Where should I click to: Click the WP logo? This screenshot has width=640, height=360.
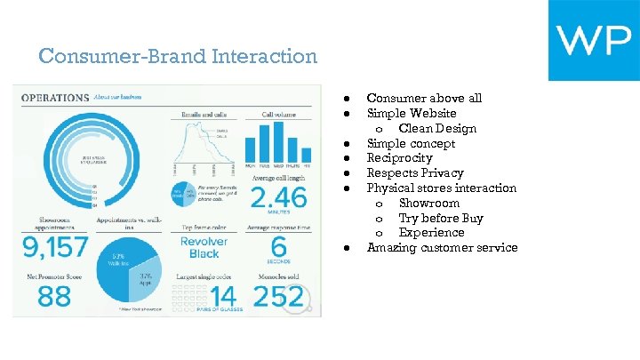(x=593, y=40)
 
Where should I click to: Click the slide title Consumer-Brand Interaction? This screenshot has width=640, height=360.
(x=178, y=57)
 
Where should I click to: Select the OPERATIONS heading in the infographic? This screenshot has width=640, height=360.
(x=55, y=97)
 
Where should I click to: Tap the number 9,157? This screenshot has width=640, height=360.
(x=54, y=245)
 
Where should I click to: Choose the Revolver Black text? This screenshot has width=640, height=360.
(x=204, y=247)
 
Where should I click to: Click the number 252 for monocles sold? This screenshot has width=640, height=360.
(x=278, y=296)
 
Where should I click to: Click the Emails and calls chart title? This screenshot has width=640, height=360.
(x=204, y=114)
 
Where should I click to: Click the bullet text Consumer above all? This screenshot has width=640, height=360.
(x=424, y=98)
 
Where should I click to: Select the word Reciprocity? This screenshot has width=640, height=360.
(x=399, y=158)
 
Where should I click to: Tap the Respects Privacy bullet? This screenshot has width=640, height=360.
(x=415, y=173)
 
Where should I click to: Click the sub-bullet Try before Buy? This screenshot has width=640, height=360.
(x=441, y=218)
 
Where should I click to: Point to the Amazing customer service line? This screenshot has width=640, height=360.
(x=442, y=248)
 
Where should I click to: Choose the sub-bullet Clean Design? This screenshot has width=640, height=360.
(x=437, y=128)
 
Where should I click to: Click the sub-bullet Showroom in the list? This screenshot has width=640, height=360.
(x=429, y=203)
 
